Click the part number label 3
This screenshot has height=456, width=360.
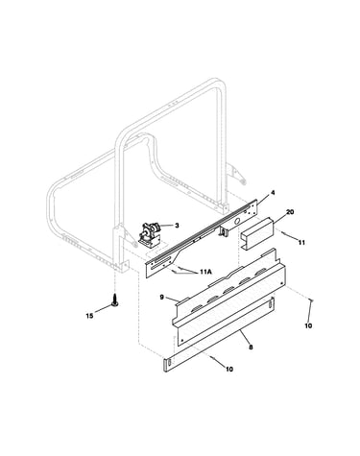tap(177, 226)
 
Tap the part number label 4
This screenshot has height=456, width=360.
tap(273, 193)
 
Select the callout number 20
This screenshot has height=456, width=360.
tap(290, 212)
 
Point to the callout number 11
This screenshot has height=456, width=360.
tap(301, 243)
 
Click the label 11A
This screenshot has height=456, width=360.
tap(205, 272)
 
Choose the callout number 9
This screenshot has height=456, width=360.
tap(162, 298)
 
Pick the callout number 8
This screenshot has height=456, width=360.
tap(251, 347)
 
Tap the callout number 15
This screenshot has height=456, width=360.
tap(89, 316)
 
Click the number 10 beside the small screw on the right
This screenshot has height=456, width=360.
tap(308, 326)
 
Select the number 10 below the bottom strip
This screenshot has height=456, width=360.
tap(229, 369)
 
